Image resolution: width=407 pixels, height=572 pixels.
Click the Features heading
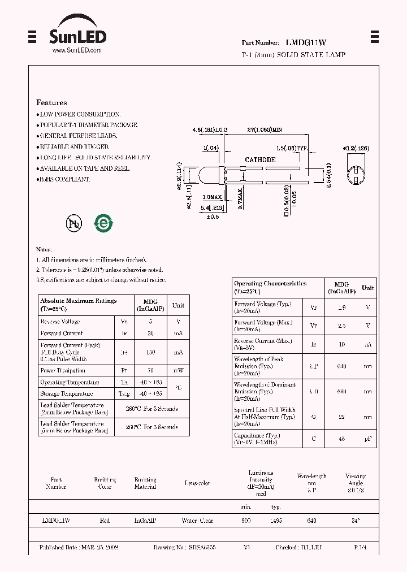pyautogui.click(x=51, y=103)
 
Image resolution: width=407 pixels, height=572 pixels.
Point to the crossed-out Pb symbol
pyautogui.click(x=74, y=224)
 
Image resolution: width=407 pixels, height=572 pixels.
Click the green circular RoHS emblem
pyautogui.click(x=103, y=223)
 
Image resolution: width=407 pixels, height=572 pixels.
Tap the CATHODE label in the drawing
pyautogui.click(x=260, y=160)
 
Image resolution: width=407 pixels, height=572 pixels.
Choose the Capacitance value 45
pyautogui.click(x=341, y=439)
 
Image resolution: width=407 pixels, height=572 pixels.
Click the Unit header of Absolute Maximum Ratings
pyautogui.click(x=178, y=305)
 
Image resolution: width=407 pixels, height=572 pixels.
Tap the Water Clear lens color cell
pyautogui.click(x=197, y=521)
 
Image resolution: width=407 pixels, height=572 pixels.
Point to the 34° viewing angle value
pyautogui.click(x=356, y=521)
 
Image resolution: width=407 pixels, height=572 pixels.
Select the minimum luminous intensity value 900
pyautogui.click(x=246, y=521)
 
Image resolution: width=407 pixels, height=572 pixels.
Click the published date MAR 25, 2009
pyautogui.click(x=99, y=548)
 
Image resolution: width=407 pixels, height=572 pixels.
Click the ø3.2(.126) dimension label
pyautogui.click(x=356, y=148)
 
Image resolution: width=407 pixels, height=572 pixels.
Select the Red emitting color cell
pyautogui.click(x=105, y=521)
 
